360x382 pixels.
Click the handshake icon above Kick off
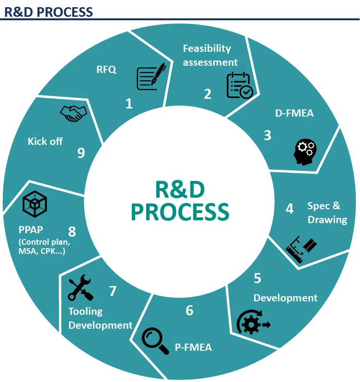[73, 113]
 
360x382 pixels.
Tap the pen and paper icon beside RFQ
[151, 77]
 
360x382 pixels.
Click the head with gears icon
[304, 150]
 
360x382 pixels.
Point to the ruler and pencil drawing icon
[301, 249]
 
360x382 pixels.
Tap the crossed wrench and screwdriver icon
[81, 288]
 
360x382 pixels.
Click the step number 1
[128, 103]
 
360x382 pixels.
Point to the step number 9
[81, 153]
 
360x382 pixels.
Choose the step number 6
[189, 310]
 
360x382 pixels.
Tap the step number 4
[290, 209]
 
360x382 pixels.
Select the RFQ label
[106, 69]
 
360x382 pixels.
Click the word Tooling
[85, 311]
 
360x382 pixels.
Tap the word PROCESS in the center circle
[180, 212]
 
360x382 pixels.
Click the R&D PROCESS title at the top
[48, 11]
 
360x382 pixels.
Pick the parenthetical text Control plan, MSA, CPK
[45, 246]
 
